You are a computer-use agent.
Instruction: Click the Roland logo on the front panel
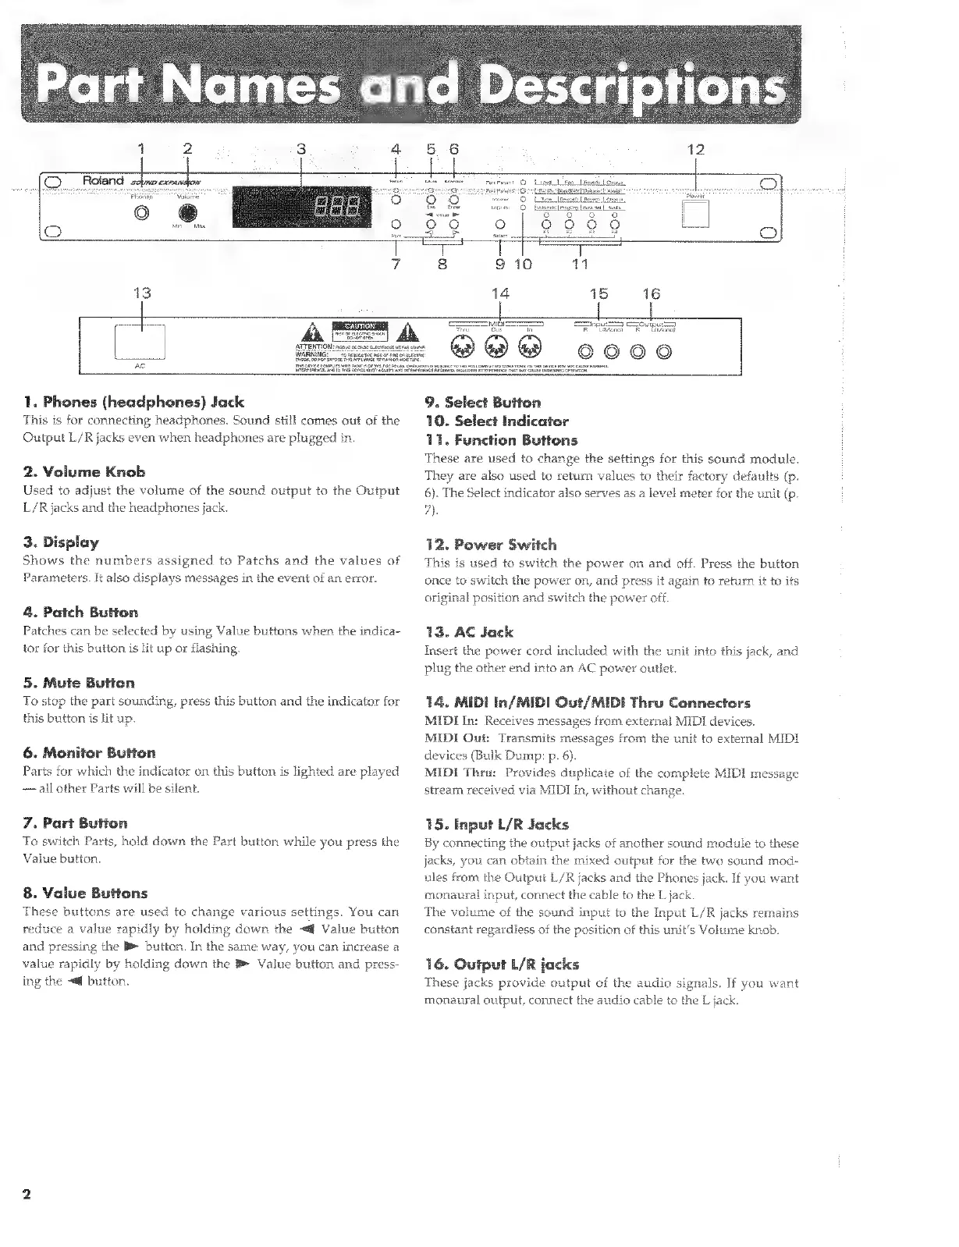[x=103, y=181]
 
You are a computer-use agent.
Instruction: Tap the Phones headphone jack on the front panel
[x=141, y=214]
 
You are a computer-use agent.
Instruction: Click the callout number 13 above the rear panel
[x=141, y=293]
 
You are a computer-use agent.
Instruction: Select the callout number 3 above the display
[x=303, y=149]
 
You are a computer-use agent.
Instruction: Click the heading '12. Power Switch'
[x=490, y=544]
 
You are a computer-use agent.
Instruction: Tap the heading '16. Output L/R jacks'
[x=501, y=964]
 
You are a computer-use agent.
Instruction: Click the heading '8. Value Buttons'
[x=85, y=893]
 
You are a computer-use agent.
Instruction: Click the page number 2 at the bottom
[x=27, y=1195]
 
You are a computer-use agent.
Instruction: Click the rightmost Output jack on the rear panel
[x=663, y=350]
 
